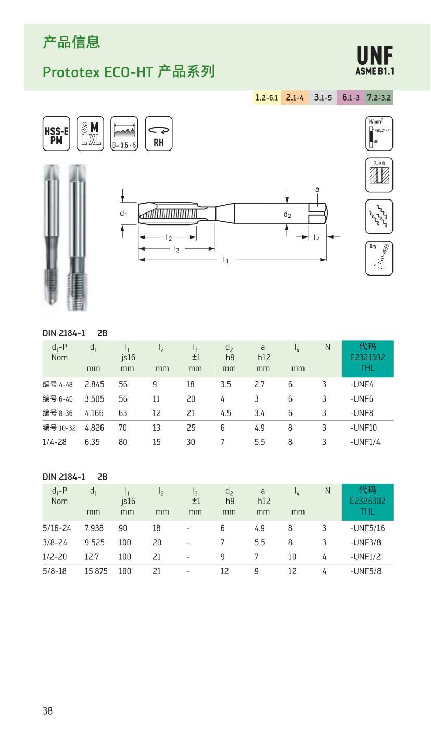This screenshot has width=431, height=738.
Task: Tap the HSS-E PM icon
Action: tap(56, 133)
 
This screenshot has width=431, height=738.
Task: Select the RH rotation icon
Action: tap(158, 133)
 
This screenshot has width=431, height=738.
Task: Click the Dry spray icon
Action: tap(379, 258)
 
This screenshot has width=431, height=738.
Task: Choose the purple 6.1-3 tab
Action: tap(351, 97)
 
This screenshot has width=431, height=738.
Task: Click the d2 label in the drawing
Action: tap(287, 214)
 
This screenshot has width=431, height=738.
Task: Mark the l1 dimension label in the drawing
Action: tap(225, 260)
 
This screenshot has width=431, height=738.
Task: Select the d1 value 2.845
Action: tap(94, 385)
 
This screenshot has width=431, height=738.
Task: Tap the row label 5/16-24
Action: tap(56, 528)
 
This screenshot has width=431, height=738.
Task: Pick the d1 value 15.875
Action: tap(96, 571)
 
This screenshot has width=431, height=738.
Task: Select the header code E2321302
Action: tap(367, 357)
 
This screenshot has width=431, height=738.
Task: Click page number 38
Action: tap(47, 711)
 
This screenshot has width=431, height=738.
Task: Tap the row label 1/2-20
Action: tap(54, 557)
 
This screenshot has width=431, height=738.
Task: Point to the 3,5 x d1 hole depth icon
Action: tap(379, 175)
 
